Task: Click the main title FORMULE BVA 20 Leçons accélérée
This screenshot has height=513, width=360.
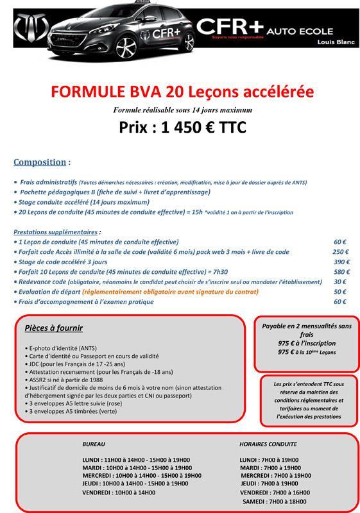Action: (x=182, y=91)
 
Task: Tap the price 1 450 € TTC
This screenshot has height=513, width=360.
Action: (x=182, y=127)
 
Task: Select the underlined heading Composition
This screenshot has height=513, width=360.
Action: (x=40, y=162)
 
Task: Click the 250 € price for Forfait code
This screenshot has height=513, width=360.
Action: (x=340, y=252)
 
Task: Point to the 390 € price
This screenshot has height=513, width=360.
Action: (x=340, y=262)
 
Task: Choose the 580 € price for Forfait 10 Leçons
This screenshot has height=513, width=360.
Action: (x=340, y=272)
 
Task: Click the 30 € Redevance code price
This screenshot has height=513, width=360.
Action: (x=340, y=282)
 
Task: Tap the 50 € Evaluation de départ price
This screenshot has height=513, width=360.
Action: (x=340, y=292)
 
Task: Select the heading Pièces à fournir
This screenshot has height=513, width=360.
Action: (x=54, y=328)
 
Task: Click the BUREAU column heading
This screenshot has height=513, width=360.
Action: (x=94, y=444)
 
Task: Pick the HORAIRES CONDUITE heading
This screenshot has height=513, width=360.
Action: (x=268, y=444)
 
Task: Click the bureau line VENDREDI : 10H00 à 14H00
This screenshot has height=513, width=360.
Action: (x=119, y=492)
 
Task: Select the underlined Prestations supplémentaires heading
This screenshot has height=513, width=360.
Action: (x=56, y=231)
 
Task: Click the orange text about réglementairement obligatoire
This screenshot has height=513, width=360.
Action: (x=171, y=292)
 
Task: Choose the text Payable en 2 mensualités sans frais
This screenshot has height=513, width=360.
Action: (x=307, y=330)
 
